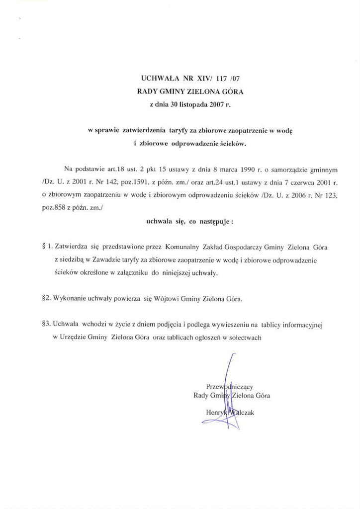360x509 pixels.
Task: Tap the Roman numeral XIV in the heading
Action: click(205, 79)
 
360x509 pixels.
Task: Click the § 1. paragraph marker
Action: click(48, 247)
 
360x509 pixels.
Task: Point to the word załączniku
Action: click(132, 273)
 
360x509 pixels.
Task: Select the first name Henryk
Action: click(216, 412)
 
